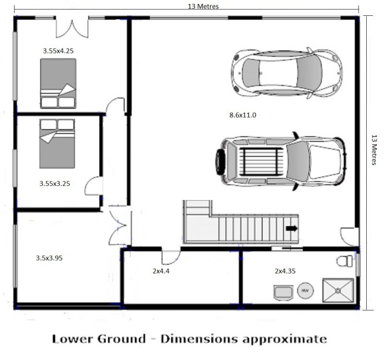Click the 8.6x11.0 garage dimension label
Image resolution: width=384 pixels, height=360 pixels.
(243, 115)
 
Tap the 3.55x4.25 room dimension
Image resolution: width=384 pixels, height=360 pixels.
(58, 51)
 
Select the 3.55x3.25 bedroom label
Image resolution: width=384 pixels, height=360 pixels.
(55, 183)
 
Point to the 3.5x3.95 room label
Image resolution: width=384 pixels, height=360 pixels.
(49, 258)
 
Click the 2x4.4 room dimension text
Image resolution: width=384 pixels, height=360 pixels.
(161, 271)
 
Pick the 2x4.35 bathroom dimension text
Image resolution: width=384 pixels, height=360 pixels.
(285, 271)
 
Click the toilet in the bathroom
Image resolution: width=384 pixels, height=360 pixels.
(345, 261)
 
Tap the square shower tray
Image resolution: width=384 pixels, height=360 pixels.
(338, 290)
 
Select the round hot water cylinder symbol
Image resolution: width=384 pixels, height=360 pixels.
(305, 291)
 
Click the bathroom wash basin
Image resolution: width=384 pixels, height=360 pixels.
(283, 293)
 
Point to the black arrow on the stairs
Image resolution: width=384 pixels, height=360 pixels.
(292, 228)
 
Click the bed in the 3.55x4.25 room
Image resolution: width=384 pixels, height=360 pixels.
(58, 83)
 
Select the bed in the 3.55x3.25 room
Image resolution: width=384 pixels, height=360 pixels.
(57, 144)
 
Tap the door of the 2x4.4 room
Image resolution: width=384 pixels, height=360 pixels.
(171, 256)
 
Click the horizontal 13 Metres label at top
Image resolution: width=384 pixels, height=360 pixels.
(203, 6)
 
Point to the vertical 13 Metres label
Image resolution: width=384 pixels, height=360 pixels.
(374, 150)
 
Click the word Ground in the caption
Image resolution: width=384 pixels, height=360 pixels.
(121, 339)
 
